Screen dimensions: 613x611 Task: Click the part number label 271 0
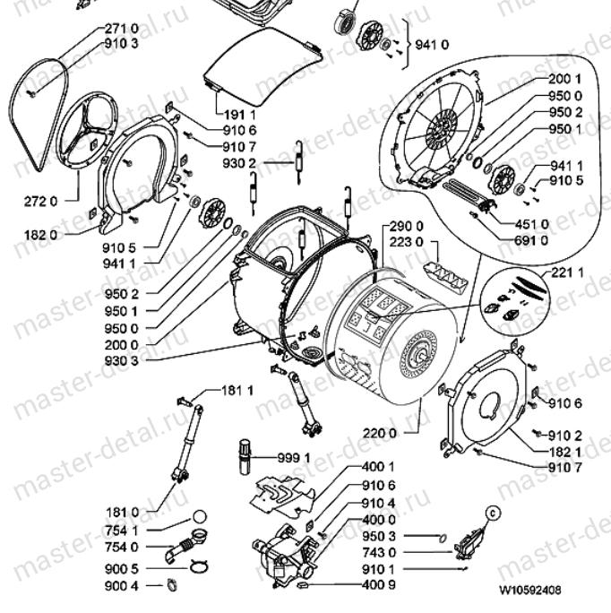tap(122, 28)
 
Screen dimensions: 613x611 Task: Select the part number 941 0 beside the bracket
tap(435, 43)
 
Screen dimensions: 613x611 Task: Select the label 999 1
tap(295, 458)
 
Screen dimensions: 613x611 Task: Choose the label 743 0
tap(379, 553)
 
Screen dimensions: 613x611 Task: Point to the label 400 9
tap(379, 584)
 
